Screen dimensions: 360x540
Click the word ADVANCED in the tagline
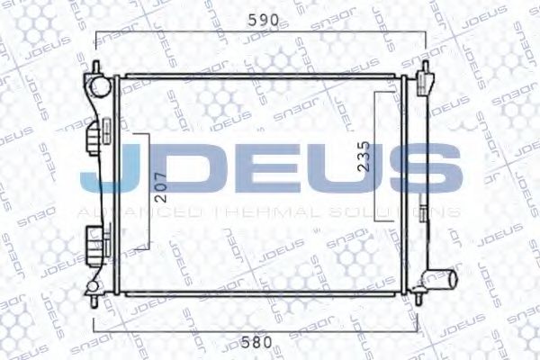tap(143, 211)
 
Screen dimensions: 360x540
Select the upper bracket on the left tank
tap(94, 141)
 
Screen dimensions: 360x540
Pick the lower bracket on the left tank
tap(94, 240)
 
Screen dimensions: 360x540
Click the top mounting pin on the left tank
tap(94, 66)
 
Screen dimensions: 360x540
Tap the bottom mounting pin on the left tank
tap(94, 289)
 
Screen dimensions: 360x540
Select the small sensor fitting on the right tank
tap(421, 214)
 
